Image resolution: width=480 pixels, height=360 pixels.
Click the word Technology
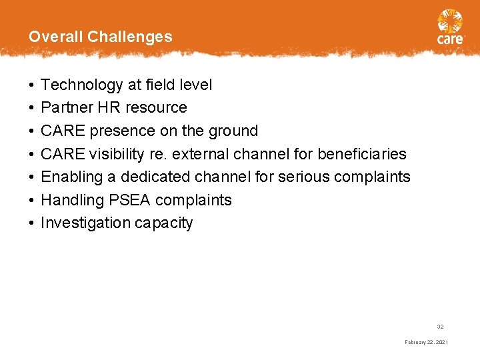tap(82, 85)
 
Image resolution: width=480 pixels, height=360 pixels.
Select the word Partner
tap(65, 107)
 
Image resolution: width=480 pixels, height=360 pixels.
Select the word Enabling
tap(69, 177)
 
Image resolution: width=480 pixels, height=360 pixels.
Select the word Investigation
tap(85, 223)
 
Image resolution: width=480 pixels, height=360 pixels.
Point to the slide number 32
tap(440, 327)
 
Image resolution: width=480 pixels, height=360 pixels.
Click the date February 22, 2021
tap(426, 342)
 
